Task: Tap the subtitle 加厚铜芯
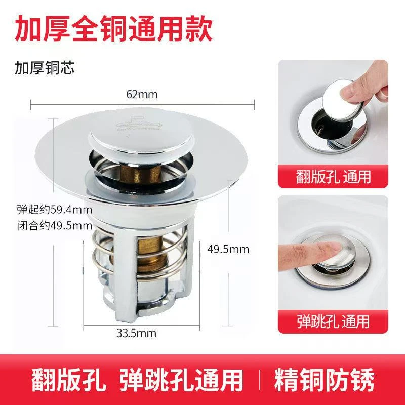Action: [44, 68]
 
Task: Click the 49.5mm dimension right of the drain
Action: [228, 249]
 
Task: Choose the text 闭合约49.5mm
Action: [48, 225]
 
